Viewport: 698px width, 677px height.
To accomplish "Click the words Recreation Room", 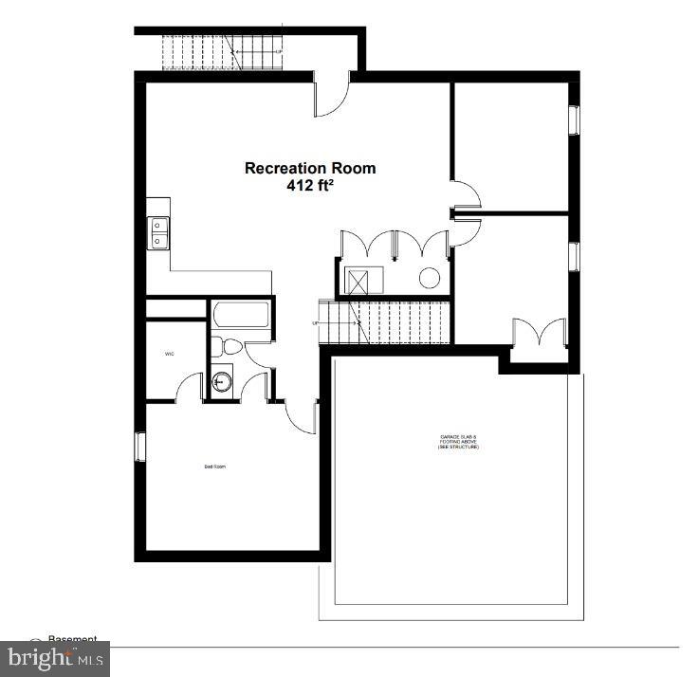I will (x=310, y=168).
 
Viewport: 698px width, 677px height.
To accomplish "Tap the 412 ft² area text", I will (x=310, y=186).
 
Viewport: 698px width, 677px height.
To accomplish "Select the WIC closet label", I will (x=169, y=354).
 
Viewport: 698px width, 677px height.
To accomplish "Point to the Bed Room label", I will (x=215, y=467).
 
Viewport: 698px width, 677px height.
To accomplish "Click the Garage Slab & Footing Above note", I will (x=459, y=441).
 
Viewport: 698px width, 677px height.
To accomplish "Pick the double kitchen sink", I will (x=157, y=231).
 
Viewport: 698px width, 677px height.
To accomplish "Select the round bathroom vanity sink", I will (x=222, y=381).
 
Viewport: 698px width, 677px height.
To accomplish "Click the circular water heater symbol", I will (x=430, y=278).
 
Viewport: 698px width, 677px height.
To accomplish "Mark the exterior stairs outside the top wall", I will (x=222, y=51).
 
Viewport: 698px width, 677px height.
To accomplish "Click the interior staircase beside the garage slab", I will (x=389, y=321).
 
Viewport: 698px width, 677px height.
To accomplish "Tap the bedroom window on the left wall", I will (x=138, y=446).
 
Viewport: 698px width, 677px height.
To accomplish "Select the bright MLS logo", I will (x=55, y=658).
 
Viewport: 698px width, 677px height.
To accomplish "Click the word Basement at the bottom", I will (x=73, y=640).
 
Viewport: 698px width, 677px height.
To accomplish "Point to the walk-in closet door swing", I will (x=190, y=386).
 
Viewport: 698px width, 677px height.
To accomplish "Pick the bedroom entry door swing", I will (x=302, y=415).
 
